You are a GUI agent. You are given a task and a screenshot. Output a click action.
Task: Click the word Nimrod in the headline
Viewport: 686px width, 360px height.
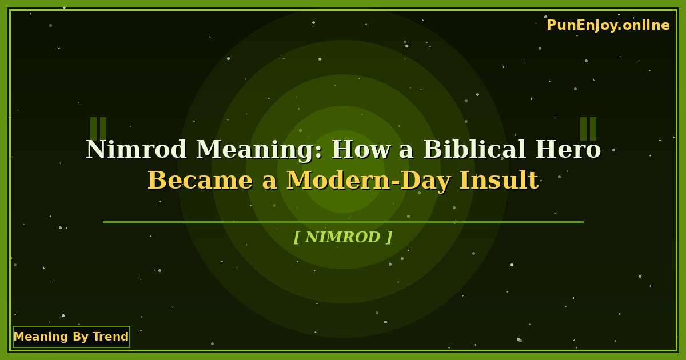point(137,150)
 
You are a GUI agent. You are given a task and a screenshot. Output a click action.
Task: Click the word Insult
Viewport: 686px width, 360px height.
point(499,181)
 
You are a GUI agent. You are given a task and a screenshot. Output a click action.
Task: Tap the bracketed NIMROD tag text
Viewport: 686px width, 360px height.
point(343,237)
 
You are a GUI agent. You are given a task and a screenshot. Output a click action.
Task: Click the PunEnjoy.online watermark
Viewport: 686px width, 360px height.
point(608,25)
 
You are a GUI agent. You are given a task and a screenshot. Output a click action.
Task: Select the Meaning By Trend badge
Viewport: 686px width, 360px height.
point(71,337)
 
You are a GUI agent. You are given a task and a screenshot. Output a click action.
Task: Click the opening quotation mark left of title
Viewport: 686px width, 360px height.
point(98,129)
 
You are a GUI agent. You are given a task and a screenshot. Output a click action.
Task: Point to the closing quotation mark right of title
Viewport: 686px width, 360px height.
point(588,129)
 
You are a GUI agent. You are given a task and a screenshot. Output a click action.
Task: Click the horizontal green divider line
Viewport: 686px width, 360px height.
point(343,222)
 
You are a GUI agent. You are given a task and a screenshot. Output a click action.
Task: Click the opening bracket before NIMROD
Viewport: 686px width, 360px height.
point(296,237)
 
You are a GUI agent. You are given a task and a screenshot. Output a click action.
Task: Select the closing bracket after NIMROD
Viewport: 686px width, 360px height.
point(390,237)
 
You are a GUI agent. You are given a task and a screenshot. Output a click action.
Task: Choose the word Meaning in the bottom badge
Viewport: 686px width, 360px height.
point(36,337)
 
